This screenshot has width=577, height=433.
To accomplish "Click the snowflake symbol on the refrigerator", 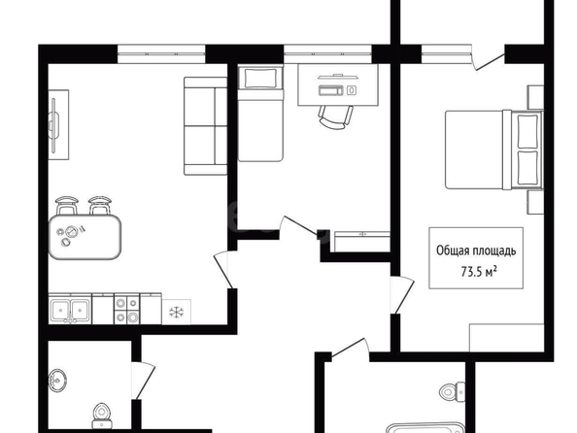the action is (176, 313).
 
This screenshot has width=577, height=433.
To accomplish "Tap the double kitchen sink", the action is (70, 310).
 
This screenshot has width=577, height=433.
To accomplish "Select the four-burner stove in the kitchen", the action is (127, 309).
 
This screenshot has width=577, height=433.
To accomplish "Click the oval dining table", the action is (85, 237).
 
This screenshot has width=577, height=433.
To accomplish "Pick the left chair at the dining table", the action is (67, 206).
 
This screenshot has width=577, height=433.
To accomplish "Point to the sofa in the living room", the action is (205, 126).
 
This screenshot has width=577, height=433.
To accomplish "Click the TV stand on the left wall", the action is (58, 124).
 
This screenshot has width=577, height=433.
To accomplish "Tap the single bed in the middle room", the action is (260, 114).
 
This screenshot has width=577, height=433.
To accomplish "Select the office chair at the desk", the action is (335, 117).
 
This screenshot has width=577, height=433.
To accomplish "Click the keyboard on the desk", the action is (331, 90).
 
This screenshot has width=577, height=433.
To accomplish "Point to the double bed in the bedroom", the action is (494, 150).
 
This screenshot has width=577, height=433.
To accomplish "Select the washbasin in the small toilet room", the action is (57, 380).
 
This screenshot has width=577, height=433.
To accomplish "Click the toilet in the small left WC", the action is (101, 416).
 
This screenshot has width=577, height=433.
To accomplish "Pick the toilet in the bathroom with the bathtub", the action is (453, 392).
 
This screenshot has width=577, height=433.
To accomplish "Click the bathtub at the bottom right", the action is (425, 428).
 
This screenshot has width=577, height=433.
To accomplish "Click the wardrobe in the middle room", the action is (362, 242).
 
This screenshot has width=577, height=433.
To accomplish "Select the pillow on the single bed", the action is (260, 78).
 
